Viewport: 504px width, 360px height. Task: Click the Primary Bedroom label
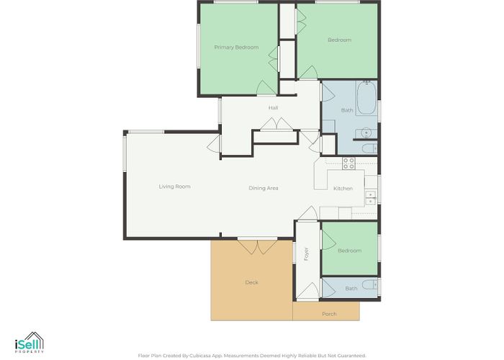point(236,48)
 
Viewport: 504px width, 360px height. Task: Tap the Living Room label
point(174,186)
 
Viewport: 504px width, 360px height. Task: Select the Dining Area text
point(264,188)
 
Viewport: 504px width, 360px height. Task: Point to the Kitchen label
point(343,189)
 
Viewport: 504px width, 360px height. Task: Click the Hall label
point(273,108)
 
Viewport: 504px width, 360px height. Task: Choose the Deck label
point(252,282)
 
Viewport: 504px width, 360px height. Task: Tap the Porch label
point(329,314)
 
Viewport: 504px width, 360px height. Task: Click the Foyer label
point(306,253)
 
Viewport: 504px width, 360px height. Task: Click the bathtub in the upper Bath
point(366,98)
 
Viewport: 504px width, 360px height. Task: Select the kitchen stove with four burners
point(348,163)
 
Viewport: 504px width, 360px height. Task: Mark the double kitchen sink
point(371,198)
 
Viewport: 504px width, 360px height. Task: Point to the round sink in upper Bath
point(366,132)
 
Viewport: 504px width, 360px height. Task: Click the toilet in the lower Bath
point(369,285)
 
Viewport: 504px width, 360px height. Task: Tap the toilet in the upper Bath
point(369,148)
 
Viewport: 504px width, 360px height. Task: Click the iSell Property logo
point(30,343)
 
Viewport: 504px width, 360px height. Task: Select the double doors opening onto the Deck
point(257,247)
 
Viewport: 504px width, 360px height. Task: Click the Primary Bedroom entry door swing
point(266,87)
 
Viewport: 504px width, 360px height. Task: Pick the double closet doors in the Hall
point(276,124)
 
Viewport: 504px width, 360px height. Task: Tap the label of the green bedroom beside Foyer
point(350,251)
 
